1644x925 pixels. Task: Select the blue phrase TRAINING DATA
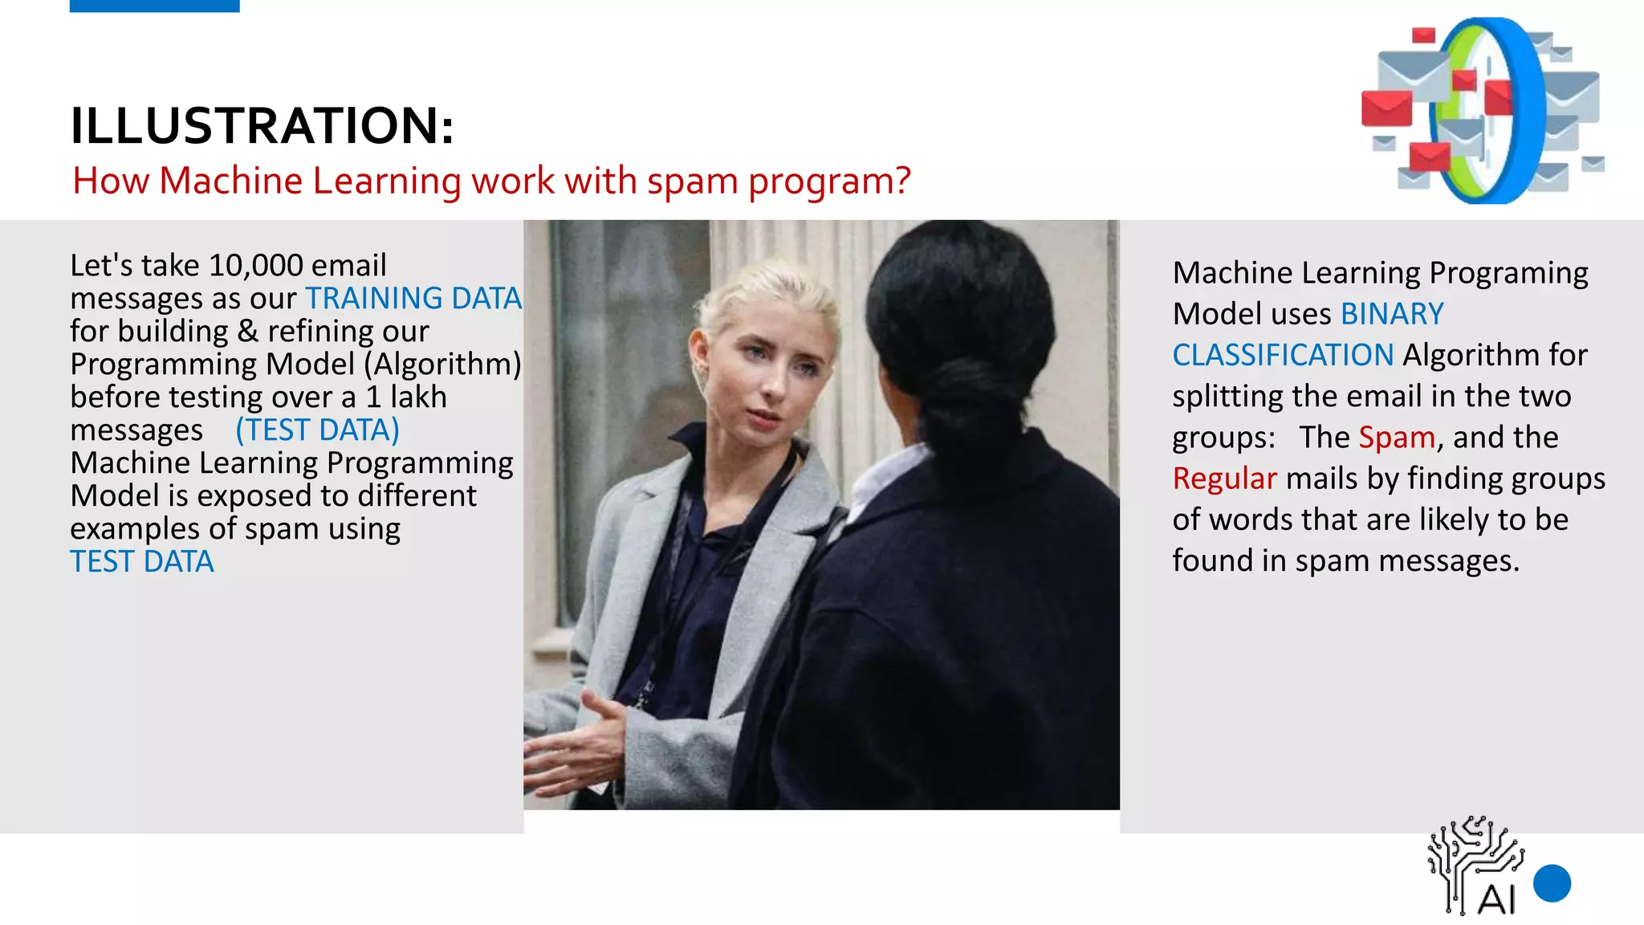[x=413, y=299]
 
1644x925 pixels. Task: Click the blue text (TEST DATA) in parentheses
[x=317, y=430]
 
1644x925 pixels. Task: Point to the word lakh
[x=418, y=397]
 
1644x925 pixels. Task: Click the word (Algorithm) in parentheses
[x=442, y=365]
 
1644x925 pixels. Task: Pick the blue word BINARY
[x=1391, y=314]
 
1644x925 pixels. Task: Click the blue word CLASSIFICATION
[x=1282, y=355]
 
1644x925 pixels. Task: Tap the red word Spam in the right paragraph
[x=1396, y=438]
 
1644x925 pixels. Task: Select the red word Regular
[x=1223, y=479]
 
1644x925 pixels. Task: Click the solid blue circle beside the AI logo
[x=1551, y=883]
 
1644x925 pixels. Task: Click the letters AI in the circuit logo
[x=1495, y=900]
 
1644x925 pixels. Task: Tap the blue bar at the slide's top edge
[x=154, y=6]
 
